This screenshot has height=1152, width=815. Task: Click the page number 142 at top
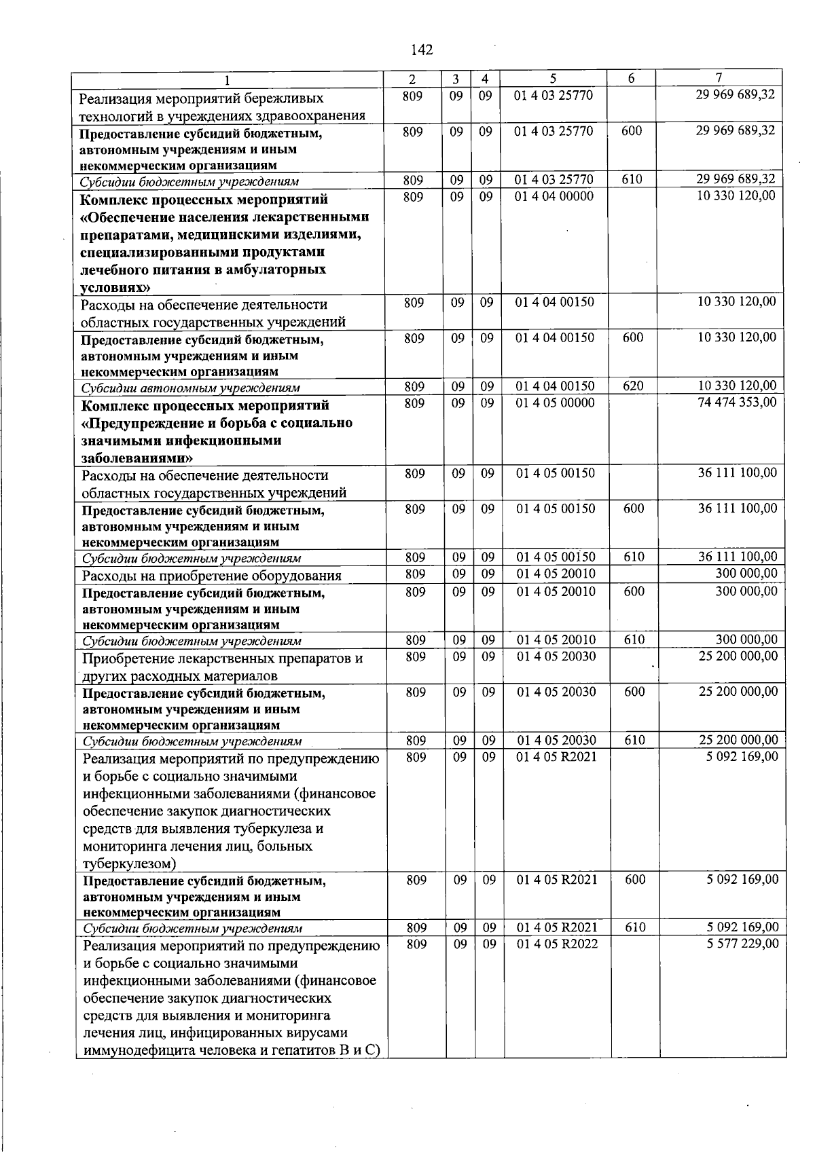[422, 50]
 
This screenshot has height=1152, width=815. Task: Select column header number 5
[554, 78]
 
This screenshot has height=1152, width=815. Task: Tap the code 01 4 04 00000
[554, 196]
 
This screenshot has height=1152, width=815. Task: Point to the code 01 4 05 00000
[555, 403]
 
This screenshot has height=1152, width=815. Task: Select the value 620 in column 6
[632, 386]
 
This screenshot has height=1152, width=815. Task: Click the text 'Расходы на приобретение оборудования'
[211, 576]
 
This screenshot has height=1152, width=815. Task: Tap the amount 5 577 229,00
[742, 944]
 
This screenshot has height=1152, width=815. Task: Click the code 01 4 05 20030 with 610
[556, 740]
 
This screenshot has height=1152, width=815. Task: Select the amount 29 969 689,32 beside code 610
[735, 179]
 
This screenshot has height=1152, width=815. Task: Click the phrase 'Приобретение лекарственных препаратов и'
[222, 658]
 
